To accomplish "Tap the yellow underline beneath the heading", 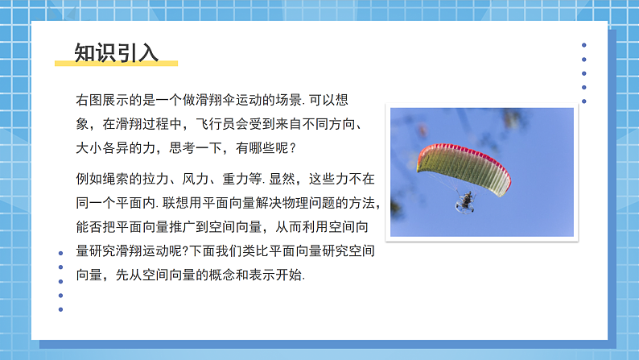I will pos(116,63).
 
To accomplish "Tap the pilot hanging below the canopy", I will pos(465,201).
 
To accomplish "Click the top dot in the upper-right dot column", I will pos(584,46).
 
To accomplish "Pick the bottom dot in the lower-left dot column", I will pos(60,309).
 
